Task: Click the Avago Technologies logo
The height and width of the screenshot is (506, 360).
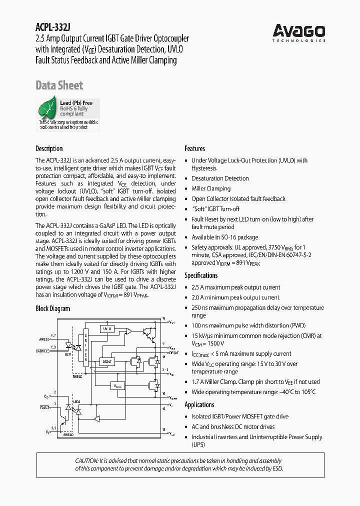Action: [x=299, y=32]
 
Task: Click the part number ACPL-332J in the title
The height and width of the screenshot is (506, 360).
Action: [x=52, y=29]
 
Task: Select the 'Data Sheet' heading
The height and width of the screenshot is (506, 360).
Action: [x=59, y=85]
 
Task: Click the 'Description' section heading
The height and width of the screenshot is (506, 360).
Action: [x=49, y=148]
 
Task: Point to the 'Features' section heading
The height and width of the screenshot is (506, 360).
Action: [x=194, y=148]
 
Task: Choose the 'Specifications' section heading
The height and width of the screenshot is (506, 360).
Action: [x=201, y=275]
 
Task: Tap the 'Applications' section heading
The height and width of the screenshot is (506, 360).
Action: [x=199, y=404]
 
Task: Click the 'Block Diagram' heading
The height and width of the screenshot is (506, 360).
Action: [x=52, y=308]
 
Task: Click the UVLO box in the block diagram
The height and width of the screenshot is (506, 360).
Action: [x=107, y=329]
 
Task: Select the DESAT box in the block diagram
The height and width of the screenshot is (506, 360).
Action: [x=107, y=360]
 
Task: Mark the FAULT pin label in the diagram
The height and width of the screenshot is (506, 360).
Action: [x=44, y=408]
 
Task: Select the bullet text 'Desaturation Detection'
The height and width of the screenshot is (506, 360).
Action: [x=220, y=178]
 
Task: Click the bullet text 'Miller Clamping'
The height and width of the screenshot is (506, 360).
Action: [x=211, y=188]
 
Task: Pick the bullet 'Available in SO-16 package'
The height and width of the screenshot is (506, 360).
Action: [x=224, y=237]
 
